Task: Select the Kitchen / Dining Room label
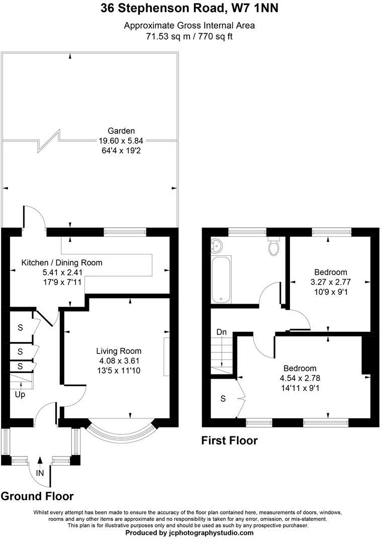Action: pyautogui.click(x=61, y=262)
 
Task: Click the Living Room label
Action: pyautogui.click(x=119, y=351)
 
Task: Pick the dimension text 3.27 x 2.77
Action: pyautogui.click(x=330, y=282)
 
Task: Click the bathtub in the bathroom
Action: pyautogui.click(x=221, y=280)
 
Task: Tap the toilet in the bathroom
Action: pyautogui.click(x=274, y=245)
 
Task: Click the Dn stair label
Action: pyautogui.click(x=221, y=332)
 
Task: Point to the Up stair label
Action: pyautogui.click(x=20, y=394)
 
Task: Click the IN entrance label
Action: pyautogui.click(x=40, y=473)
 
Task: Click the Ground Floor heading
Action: pyautogui.click(x=37, y=496)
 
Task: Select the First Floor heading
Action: pyautogui.click(x=229, y=441)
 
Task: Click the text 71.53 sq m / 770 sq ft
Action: pyautogui.click(x=189, y=36)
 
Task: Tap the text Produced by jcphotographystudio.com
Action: pyautogui.click(x=189, y=532)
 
